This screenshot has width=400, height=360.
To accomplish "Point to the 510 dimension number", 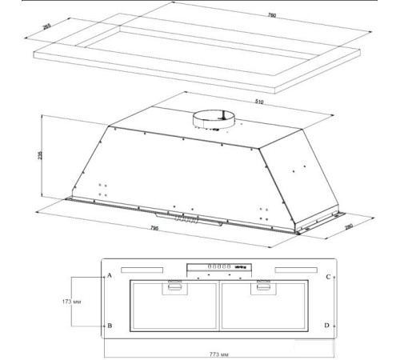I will pyautogui.click(x=259, y=102).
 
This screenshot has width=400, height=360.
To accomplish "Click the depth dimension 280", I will pyautogui.click(x=349, y=226).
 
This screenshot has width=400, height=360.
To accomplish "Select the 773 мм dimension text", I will pyautogui.click(x=220, y=353).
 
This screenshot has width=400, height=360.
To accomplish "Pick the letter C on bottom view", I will pyautogui.click(x=328, y=276).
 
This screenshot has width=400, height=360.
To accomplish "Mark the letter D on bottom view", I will pyautogui.click(x=328, y=326).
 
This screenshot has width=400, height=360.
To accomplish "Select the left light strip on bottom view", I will pyautogui.click(x=147, y=270).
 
